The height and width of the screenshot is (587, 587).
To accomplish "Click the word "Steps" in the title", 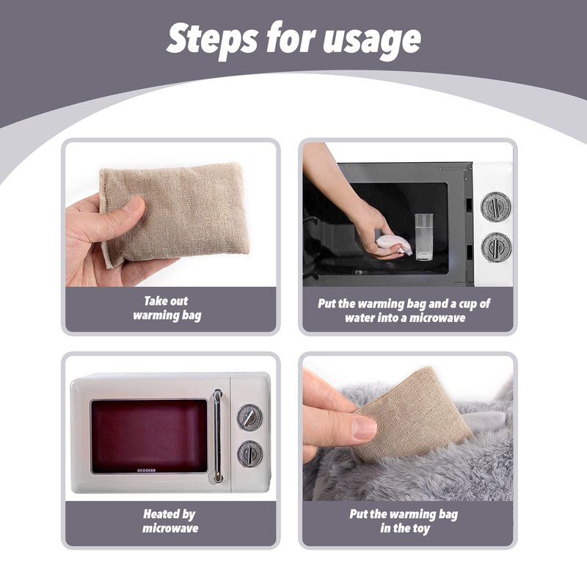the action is pyautogui.click(x=212, y=38).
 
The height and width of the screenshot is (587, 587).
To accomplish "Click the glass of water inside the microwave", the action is pyautogui.click(x=424, y=236).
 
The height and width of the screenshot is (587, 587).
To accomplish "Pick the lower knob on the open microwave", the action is pyautogui.click(x=496, y=247).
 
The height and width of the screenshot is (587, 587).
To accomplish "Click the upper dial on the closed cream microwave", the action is pyautogui.click(x=249, y=417).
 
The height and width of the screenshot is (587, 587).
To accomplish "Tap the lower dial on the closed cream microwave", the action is pyautogui.click(x=249, y=453).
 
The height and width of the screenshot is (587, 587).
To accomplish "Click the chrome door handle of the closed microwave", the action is pyautogui.click(x=218, y=435).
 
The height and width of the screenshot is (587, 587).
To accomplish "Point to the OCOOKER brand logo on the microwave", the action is pyautogui.click(x=146, y=470).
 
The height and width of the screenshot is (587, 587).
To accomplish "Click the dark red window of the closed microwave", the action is pyautogui.click(x=149, y=435).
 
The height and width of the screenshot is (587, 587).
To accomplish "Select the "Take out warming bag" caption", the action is pyautogui.click(x=167, y=308).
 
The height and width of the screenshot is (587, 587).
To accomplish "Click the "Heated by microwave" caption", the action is pyautogui.click(x=170, y=521).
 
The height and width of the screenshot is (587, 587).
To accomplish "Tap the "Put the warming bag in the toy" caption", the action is pyautogui.click(x=404, y=521).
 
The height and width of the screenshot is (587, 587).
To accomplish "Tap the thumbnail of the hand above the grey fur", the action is pyautogui.click(x=365, y=428).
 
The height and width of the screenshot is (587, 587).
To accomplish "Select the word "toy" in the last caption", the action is pyautogui.click(x=420, y=529).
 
